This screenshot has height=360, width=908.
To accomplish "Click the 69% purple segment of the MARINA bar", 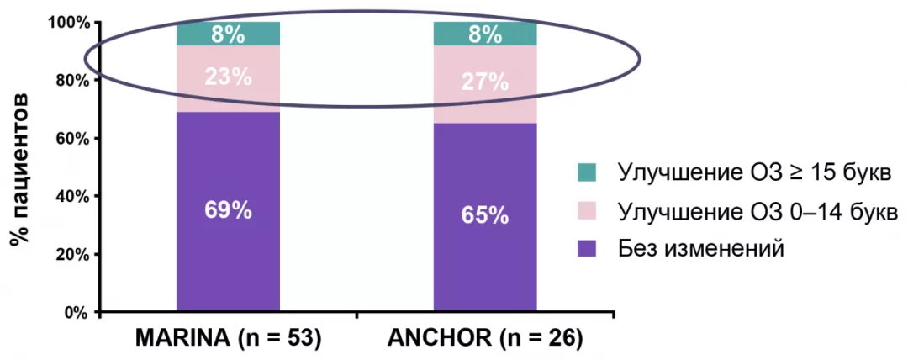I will pos(228,210).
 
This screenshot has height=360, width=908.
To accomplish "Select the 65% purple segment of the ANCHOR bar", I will pos(484,215).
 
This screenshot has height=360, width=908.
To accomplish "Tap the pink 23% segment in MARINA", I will pos(228,77).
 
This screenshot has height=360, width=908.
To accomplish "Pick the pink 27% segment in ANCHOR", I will pos(484,82).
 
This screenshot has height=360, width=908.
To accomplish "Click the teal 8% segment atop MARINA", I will pos(228,34).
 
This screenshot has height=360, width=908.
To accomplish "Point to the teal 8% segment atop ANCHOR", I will pos(484,34).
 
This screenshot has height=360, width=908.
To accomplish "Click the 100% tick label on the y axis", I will pos(67,22).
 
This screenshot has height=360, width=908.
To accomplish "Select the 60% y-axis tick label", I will pos(71,138).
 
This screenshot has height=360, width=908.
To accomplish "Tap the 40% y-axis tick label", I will pos(71,196).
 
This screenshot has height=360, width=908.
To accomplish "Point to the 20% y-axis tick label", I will pos(71,254).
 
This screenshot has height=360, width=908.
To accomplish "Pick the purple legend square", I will pos(587,248).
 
